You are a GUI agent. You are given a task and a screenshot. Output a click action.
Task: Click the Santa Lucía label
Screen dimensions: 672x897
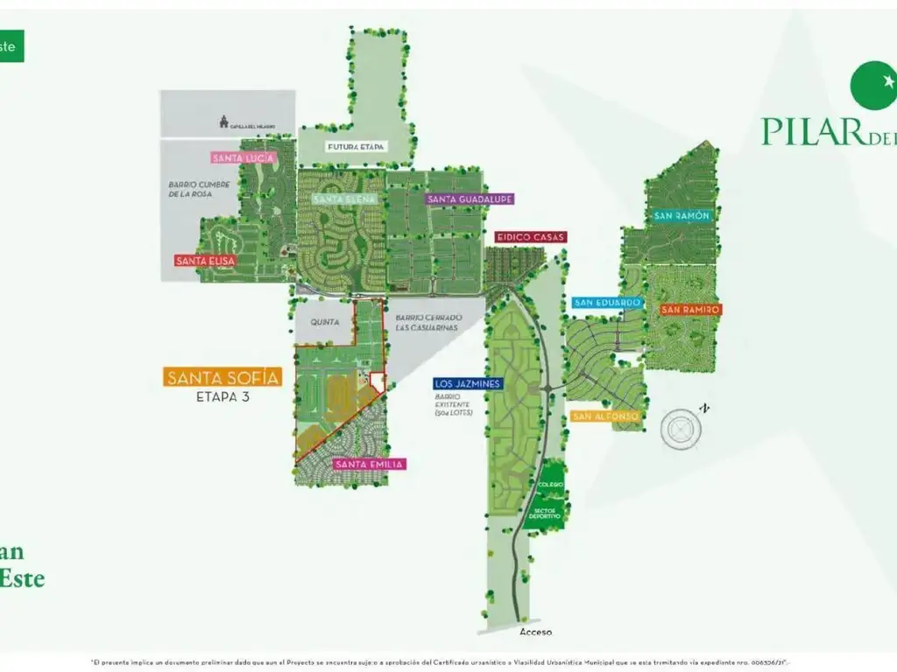[x=244, y=158]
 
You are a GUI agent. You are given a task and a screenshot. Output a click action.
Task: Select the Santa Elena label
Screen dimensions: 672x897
[x=345, y=199]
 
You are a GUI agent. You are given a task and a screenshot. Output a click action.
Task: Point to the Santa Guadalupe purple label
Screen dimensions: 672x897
[x=470, y=199]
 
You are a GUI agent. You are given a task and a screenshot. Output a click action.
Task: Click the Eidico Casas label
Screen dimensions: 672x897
[x=531, y=237]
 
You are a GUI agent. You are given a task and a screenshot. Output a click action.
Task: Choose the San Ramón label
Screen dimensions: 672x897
[x=682, y=215]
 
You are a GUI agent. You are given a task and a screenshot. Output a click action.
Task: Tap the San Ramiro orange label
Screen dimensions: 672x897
[x=690, y=310]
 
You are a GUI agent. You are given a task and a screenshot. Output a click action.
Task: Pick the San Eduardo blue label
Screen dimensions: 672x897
[x=608, y=303]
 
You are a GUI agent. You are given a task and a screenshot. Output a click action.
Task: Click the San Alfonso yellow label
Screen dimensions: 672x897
[x=605, y=416]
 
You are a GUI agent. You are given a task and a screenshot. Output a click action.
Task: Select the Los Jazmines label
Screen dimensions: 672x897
[x=468, y=384]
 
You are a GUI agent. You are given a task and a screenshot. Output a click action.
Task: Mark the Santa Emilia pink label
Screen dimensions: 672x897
[x=369, y=465]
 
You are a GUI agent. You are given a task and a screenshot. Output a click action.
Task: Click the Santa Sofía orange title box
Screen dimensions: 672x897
[x=223, y=378]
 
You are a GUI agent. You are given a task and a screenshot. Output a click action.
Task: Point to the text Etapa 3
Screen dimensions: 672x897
[x=222, y=395]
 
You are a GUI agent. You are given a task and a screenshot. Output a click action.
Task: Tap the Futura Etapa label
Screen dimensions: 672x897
[x=356, y=147]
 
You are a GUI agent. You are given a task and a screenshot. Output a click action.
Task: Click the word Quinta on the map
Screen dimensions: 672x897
[x=324, y=321]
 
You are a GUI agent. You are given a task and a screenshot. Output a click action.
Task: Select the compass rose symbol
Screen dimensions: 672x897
[x=681, y=429]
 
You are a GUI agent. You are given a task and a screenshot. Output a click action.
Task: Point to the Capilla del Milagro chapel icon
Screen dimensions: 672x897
[x=223, y=122]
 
